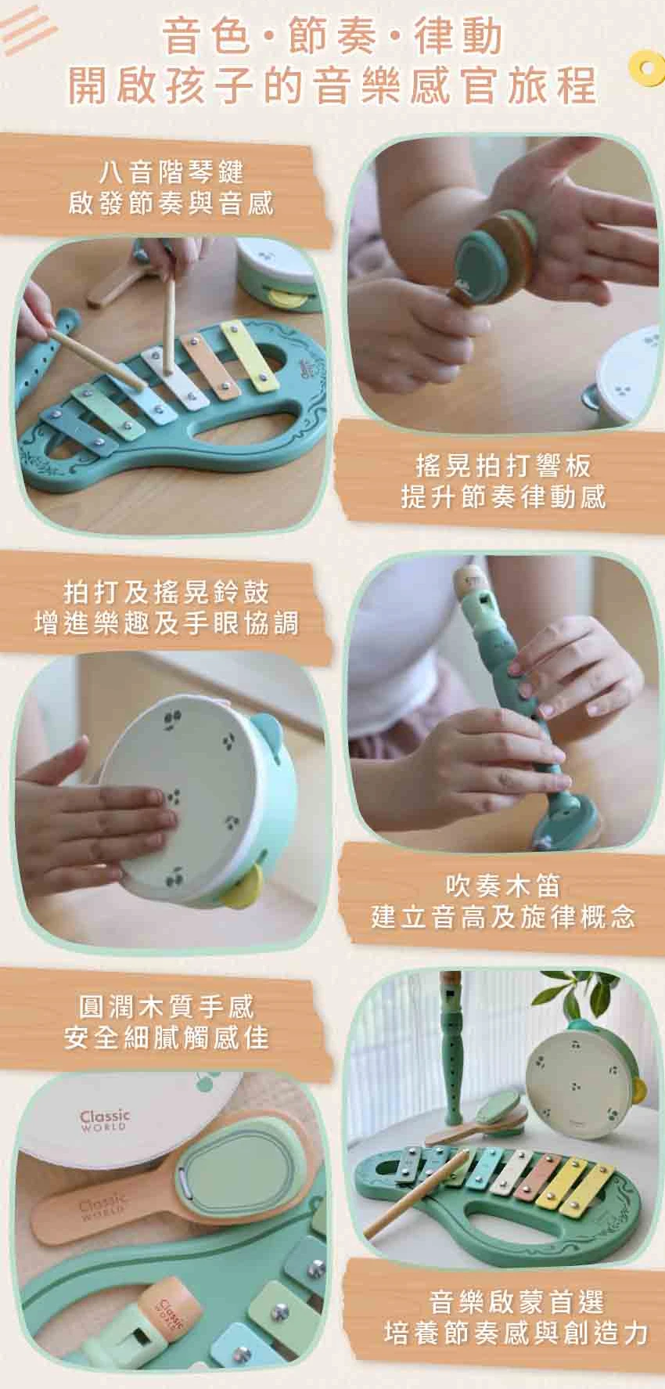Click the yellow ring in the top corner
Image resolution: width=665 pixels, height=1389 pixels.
coord(647,66)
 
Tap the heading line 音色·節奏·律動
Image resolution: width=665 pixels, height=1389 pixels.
coord(332,38)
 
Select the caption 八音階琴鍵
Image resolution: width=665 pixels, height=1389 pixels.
coord(171,171)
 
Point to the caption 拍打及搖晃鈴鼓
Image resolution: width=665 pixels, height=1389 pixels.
coord(166,592)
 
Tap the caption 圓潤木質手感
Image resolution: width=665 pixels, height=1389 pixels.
coord(166,1006)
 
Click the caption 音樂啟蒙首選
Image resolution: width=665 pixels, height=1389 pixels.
coord(516,1302)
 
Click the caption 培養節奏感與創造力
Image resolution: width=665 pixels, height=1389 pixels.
coord(516,1333)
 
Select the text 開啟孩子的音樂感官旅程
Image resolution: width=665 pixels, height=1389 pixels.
coord(332,85)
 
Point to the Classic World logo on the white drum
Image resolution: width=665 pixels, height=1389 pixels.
coord(104,1119)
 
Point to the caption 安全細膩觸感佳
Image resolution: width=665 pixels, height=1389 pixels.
coord(166,1037)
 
